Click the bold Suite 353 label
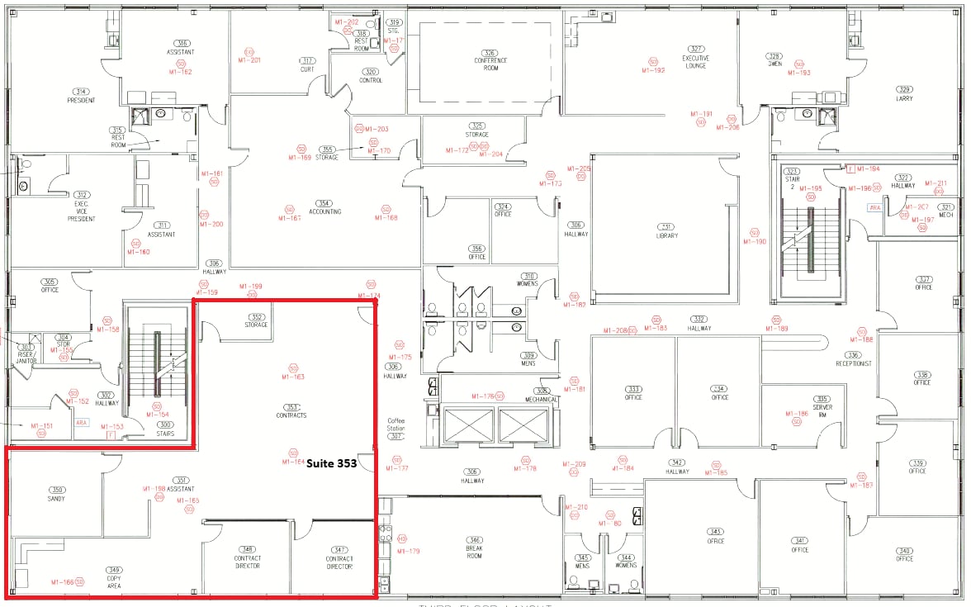[331, 464]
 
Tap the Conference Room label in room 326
[490, 64]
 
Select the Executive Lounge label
[696, 62]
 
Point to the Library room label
[666, 235]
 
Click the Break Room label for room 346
[474, 552]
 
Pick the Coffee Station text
[396, 424]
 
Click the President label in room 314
[81, 101]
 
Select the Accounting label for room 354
[324, 211]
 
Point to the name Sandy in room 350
[56, 499]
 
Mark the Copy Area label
[114, 583]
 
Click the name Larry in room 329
[905, 99]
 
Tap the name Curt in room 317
[307, 70]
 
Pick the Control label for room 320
[371, 81]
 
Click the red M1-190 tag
[755, 242]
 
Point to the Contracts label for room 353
[291, 415]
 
